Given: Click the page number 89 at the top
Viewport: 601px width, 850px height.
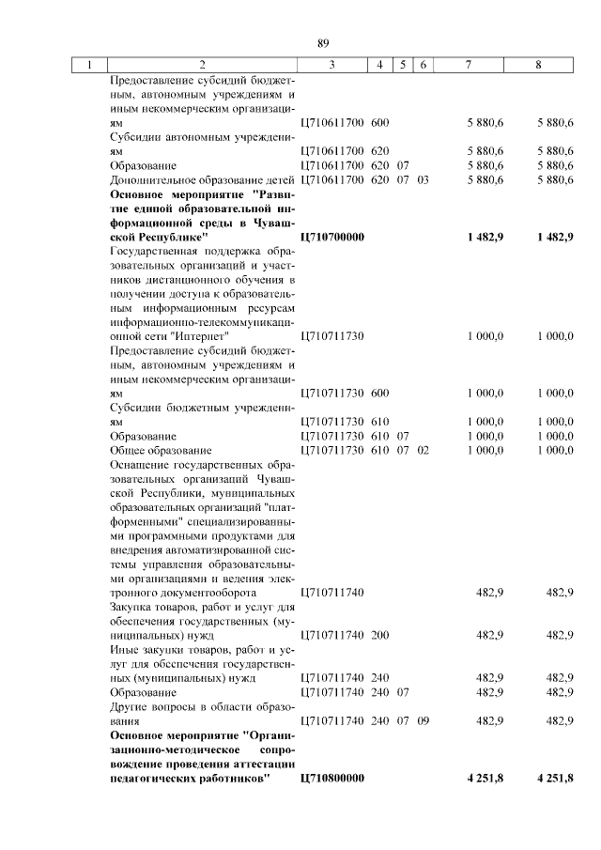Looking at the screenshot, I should tap(323, 43).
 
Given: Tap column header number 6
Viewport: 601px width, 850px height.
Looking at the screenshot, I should tap(423, 66).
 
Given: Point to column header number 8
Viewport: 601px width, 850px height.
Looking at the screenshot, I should tap(538, 66).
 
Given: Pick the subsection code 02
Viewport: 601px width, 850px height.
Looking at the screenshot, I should tap(423, 451).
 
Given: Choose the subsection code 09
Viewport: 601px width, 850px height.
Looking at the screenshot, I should tap(423, 720).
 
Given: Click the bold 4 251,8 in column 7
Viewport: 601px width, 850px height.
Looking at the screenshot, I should tap(484, 778).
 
